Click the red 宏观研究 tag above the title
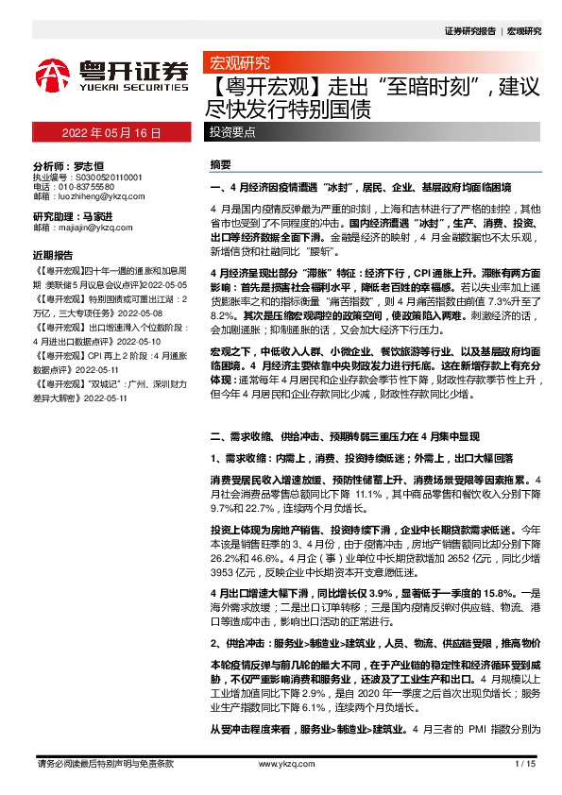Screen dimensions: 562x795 pos(239,65)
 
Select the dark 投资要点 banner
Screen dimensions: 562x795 pos(374,133)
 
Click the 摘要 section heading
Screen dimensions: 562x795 pos(219,164)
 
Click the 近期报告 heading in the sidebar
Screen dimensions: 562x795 pos(53,256)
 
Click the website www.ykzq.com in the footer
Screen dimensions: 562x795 pos(281,764)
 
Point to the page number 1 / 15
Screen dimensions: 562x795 pos(525,764)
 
